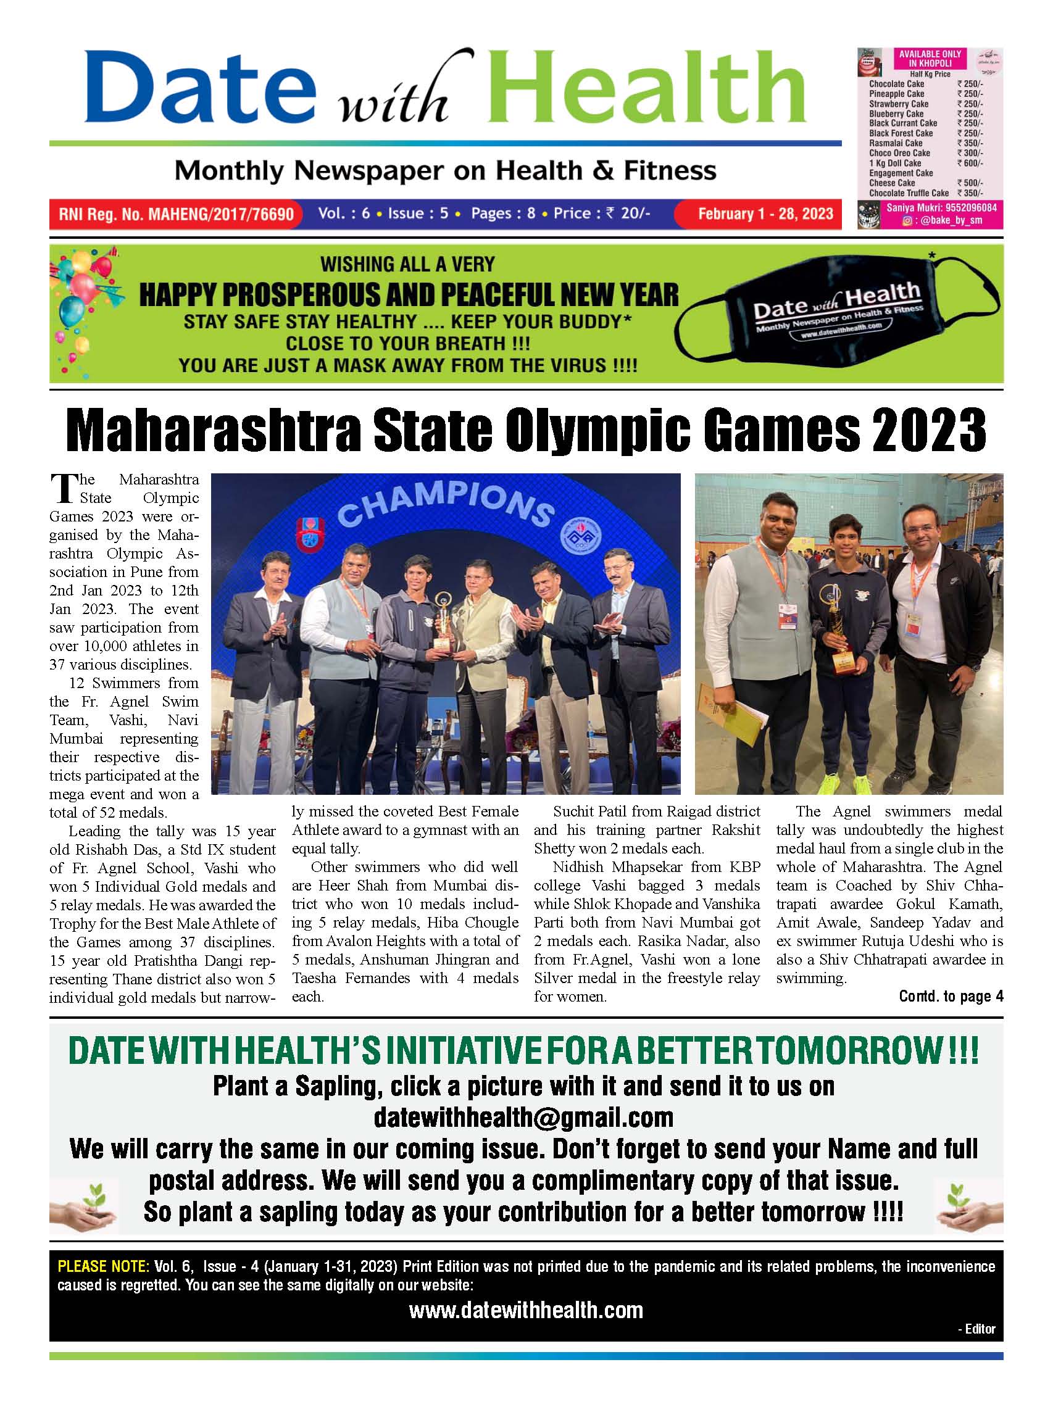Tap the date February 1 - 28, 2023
tap(765, 214)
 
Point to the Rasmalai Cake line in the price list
tap(895, 143)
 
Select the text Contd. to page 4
tap(951, 996)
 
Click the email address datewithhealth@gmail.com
tap(523, 1117)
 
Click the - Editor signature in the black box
tap(975, 1328)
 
